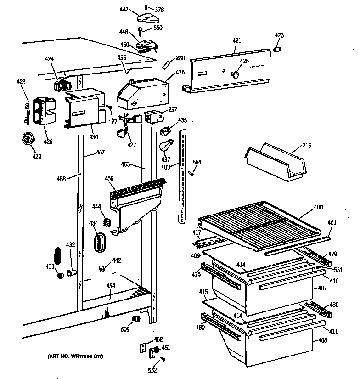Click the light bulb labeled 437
[x=165, y=147]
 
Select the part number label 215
[x=306, y=146]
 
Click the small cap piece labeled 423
[x=278, y=49]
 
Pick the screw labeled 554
[x=192, y=173]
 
